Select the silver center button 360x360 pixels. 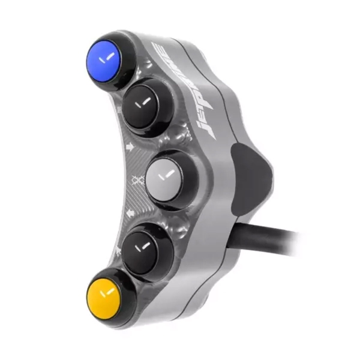(166, 176)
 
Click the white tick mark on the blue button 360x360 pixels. (107, 56)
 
